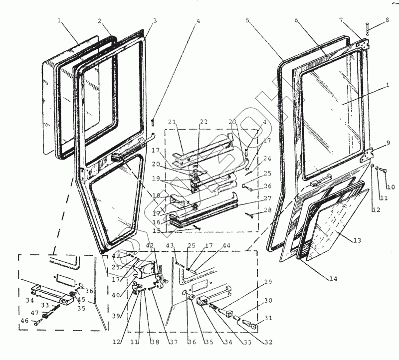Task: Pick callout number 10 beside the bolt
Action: pos(391,187)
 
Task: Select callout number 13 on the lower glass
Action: pos(357,241)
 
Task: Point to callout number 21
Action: pos(173,123)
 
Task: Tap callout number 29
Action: pos(268,282)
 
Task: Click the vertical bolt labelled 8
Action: pos(366,30)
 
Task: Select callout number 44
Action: pos(227,246)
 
